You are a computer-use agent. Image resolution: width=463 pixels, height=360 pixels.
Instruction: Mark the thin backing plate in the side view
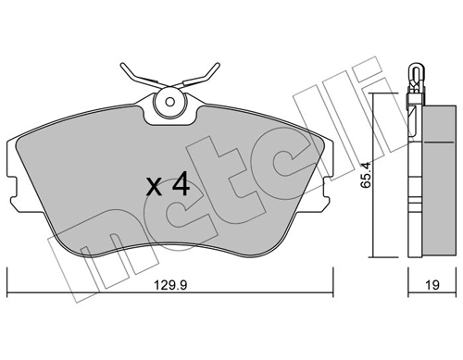[412, 176]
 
